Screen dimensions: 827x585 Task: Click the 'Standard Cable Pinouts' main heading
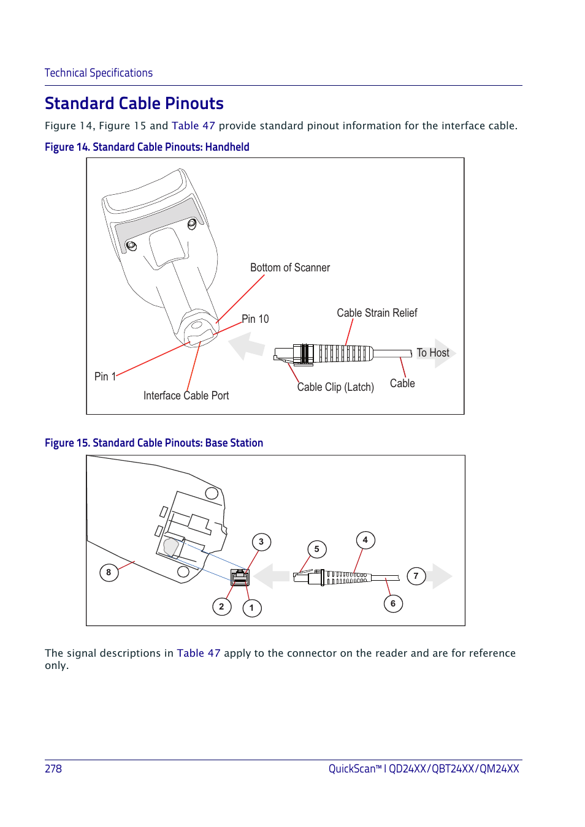click(134, 104)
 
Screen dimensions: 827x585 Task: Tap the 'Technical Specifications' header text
click(98, 73)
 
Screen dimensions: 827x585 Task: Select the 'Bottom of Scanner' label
click(289, 268)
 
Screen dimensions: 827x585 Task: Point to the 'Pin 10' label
click(255, 319)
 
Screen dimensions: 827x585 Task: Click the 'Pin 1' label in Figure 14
click(105, 377)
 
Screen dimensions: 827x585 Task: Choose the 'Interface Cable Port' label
click(186, 396)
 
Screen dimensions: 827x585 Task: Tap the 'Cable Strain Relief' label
click(377, 313)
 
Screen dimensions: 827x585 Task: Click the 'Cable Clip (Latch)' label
click(335, 387)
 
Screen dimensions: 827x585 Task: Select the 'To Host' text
click(432, 353)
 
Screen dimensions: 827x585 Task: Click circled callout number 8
click(109, 573)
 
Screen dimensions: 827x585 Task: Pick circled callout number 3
click(261, 542)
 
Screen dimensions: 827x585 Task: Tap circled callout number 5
click(316, 549)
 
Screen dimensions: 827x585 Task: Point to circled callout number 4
click(365, 540)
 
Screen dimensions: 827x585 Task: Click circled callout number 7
click(416, 576)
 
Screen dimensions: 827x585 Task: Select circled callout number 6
click(393, 603)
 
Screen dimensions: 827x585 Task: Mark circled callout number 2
click(221, 606)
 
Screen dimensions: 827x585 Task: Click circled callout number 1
click(251, 608)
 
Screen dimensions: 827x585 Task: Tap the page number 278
click(53, 769)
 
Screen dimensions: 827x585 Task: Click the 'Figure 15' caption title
click(153, 443)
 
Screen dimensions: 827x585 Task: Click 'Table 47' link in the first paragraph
click(193, 126)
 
